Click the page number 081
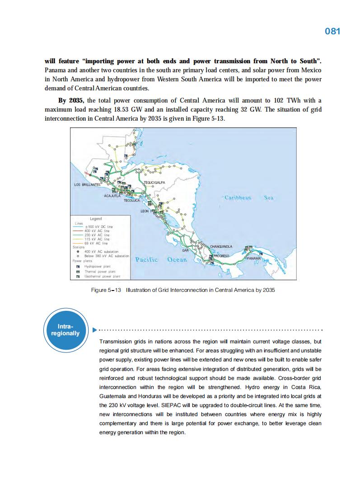tap(332, 31)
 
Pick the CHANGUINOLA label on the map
tap(221, 246)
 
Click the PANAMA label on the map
tap(253, 258)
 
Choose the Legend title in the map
tap(96, 219)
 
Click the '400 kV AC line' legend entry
tap(100, 231)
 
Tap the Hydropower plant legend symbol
tap(78, 267)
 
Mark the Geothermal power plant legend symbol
tap(78, 276)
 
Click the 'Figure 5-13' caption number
tap(107, 290)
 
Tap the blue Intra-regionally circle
tap(68, 329)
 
